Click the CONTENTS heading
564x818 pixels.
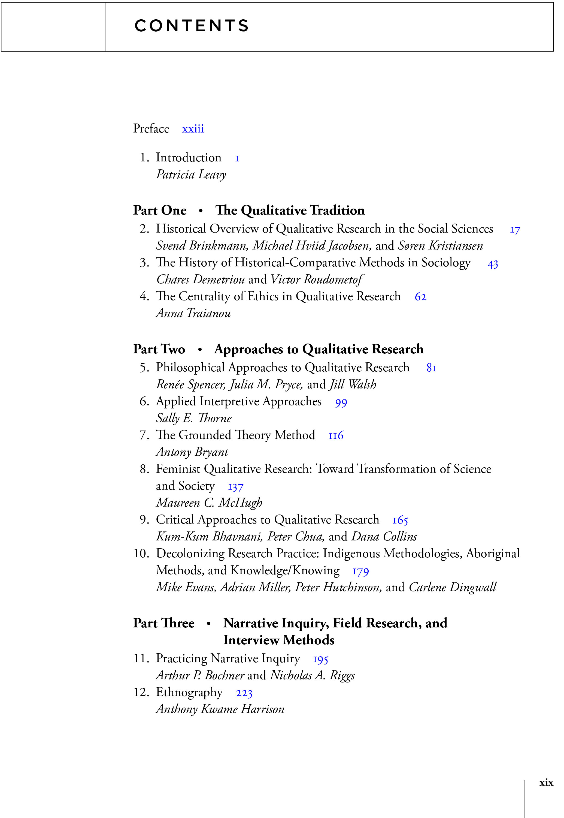pos(192,26)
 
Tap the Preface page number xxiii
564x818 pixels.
pos(193,129)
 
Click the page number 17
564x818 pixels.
pos(515,230)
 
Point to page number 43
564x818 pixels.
pos(493,264)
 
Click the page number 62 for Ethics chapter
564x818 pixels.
pos(420,297)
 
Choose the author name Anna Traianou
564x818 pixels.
pos(193,313)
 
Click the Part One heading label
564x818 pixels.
pos(160,210)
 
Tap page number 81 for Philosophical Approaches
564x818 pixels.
pos(431,368)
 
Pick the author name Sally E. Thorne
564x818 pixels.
pos(194,418)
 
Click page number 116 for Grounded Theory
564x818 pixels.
pos(336,436)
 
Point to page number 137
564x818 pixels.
pos(236,487)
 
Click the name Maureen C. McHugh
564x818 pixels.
pos(209,503)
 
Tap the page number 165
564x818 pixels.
pos(400,520)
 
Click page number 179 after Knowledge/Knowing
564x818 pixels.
pos(360,571)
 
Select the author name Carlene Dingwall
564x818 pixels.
pos(452,587)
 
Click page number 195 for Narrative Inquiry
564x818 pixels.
pos(320,659)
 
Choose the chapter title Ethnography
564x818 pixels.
pos(189,693)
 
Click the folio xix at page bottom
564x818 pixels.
pos(546,783)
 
